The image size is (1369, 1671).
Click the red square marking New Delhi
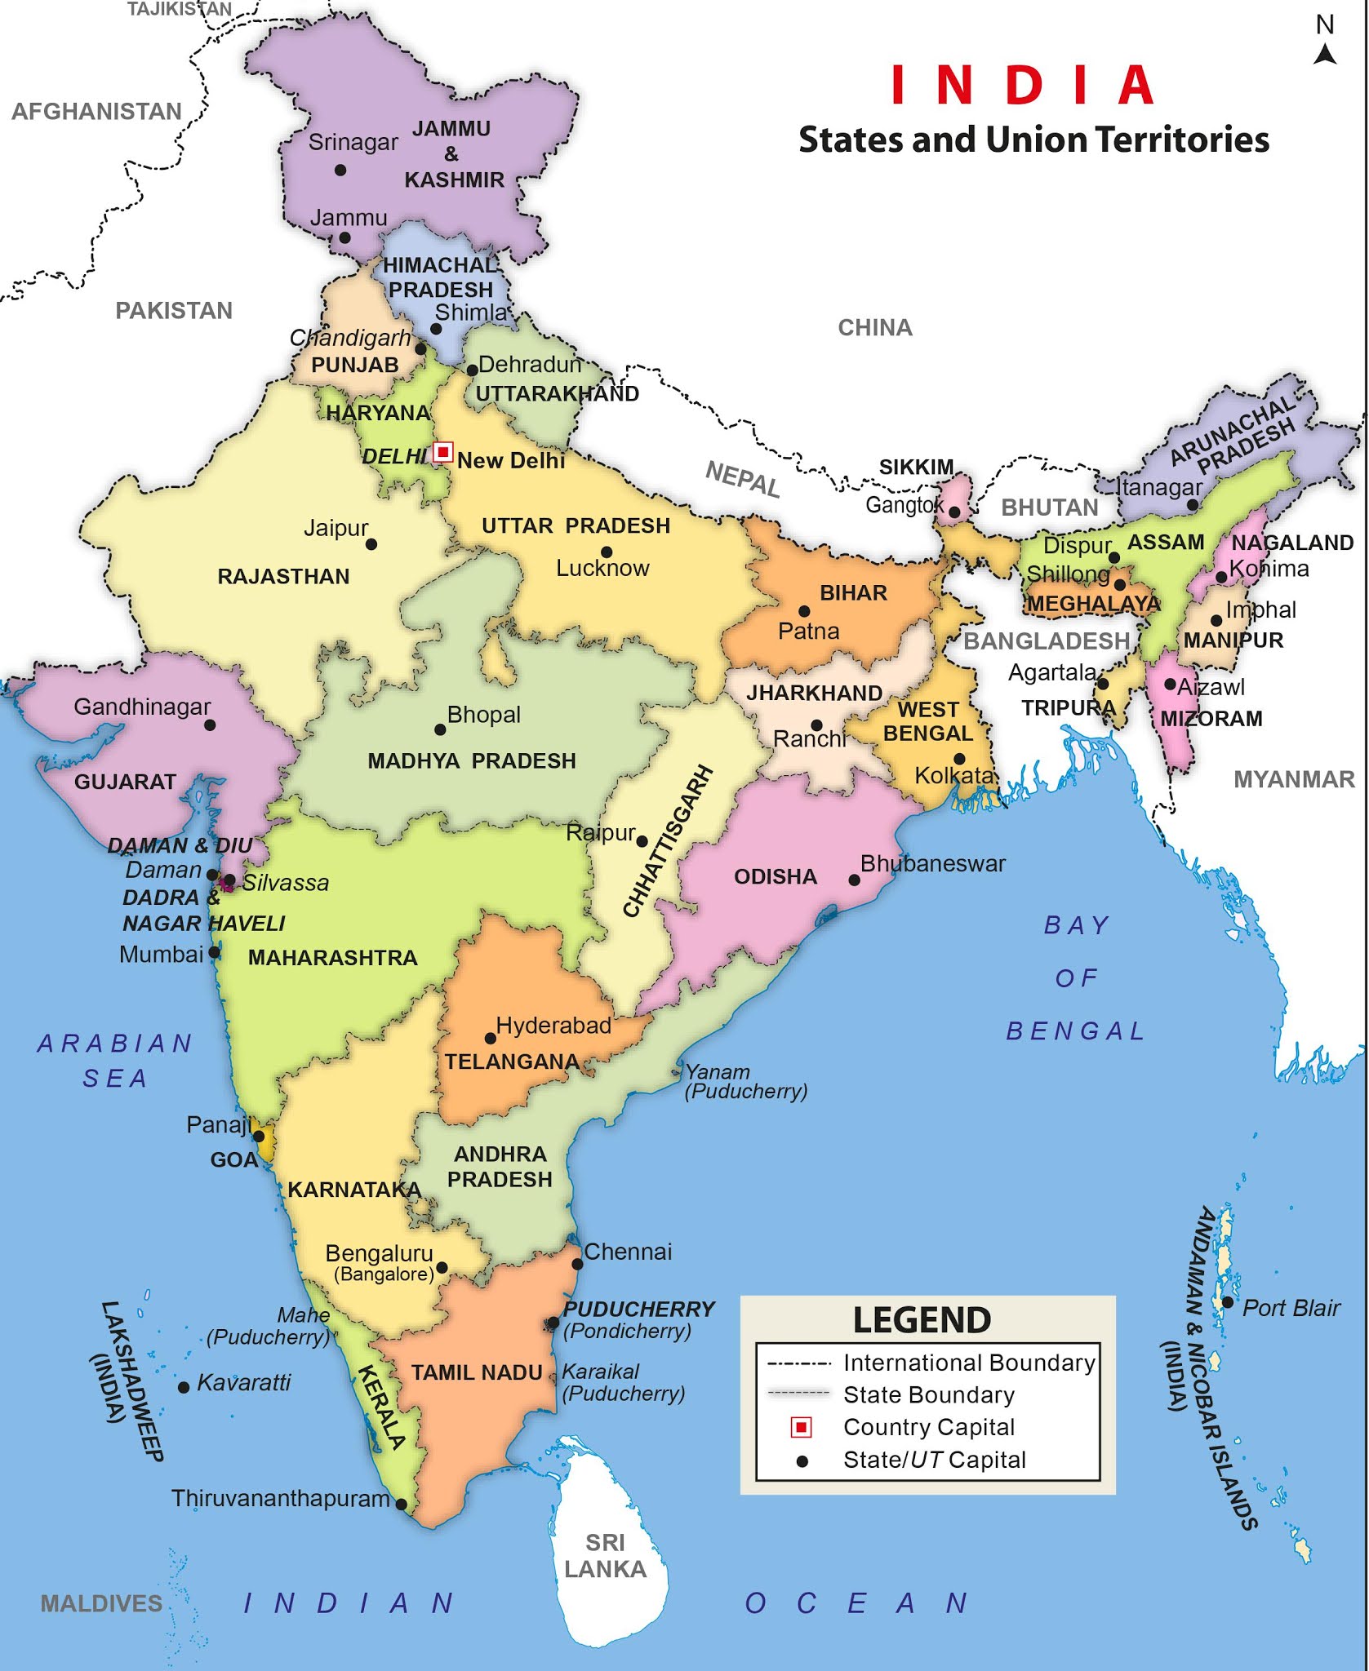(442, 451)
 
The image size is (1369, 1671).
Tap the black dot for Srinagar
(340, 170)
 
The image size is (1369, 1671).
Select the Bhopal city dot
(440, 729)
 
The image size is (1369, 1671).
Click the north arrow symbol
(1325, 54)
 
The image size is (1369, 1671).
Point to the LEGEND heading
(922, 1320)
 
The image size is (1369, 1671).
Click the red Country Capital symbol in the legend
(802, 1427)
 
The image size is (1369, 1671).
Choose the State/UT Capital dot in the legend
(802, 1461)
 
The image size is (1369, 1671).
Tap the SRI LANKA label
(605, 1556)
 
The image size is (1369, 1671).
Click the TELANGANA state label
(512, 1062)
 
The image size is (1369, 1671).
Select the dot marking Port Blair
(1227, 1302)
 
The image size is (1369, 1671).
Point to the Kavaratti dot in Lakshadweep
(184, 1387)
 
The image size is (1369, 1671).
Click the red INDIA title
(1022, 85)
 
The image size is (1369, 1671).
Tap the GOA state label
(233, 1159)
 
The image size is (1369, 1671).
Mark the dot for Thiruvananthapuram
(401, 1504)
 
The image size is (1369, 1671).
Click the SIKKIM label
(916, 467)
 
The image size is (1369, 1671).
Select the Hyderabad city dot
(491, 1039)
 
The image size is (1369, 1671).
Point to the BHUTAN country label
(1050, 508)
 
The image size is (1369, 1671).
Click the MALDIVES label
(101, 1603)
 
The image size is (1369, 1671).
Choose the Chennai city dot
(577, 1264)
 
